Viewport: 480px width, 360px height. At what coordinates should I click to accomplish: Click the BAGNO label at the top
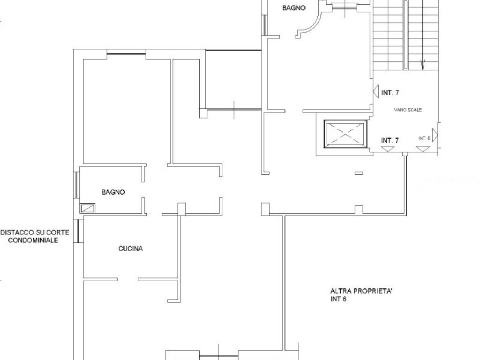pos(293,8)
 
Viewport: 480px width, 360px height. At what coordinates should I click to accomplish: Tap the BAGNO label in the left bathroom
pos(113,192)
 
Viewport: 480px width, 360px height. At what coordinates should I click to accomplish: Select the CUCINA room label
pos(130,248)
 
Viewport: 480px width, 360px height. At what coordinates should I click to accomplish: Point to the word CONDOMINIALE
pos(33,240)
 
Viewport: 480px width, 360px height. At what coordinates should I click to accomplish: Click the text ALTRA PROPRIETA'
pos(361,291)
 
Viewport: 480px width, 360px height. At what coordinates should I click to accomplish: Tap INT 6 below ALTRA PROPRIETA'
pos(338,299)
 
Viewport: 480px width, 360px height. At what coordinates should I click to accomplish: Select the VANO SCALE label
pos(408,110)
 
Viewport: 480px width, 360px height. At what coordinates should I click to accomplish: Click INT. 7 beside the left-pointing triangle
pos(390,92)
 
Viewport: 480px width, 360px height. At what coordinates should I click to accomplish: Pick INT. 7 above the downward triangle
pos(390,141)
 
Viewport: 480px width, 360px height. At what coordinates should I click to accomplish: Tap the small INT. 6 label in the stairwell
pos(424,138)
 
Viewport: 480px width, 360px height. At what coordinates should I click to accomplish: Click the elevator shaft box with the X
pos(345,134)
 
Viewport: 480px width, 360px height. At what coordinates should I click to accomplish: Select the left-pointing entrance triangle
pos(376,91)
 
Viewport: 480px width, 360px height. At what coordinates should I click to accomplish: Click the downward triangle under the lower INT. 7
pos(388,149)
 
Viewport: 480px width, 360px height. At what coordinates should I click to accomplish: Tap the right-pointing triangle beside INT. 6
pos(435,135)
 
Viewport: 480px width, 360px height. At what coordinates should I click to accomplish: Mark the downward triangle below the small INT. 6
pos(423,149)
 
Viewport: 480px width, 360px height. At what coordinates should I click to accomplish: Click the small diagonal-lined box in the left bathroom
pos(87,209)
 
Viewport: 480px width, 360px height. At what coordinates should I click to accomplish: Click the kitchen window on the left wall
pos(79,231)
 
